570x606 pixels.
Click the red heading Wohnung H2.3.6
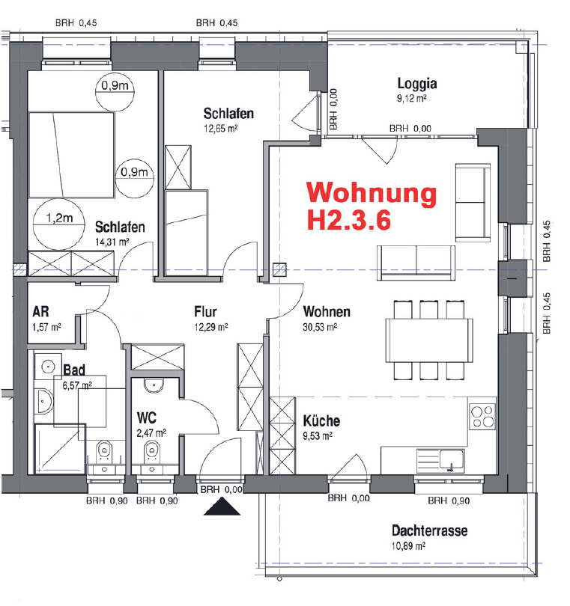click(372, 206)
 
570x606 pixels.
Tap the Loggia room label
click(417, 84)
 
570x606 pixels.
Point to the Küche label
click(321, 421)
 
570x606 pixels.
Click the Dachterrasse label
click(429, 531)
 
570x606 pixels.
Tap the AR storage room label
click(40, 312)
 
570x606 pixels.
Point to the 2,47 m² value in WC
click(151, 432)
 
